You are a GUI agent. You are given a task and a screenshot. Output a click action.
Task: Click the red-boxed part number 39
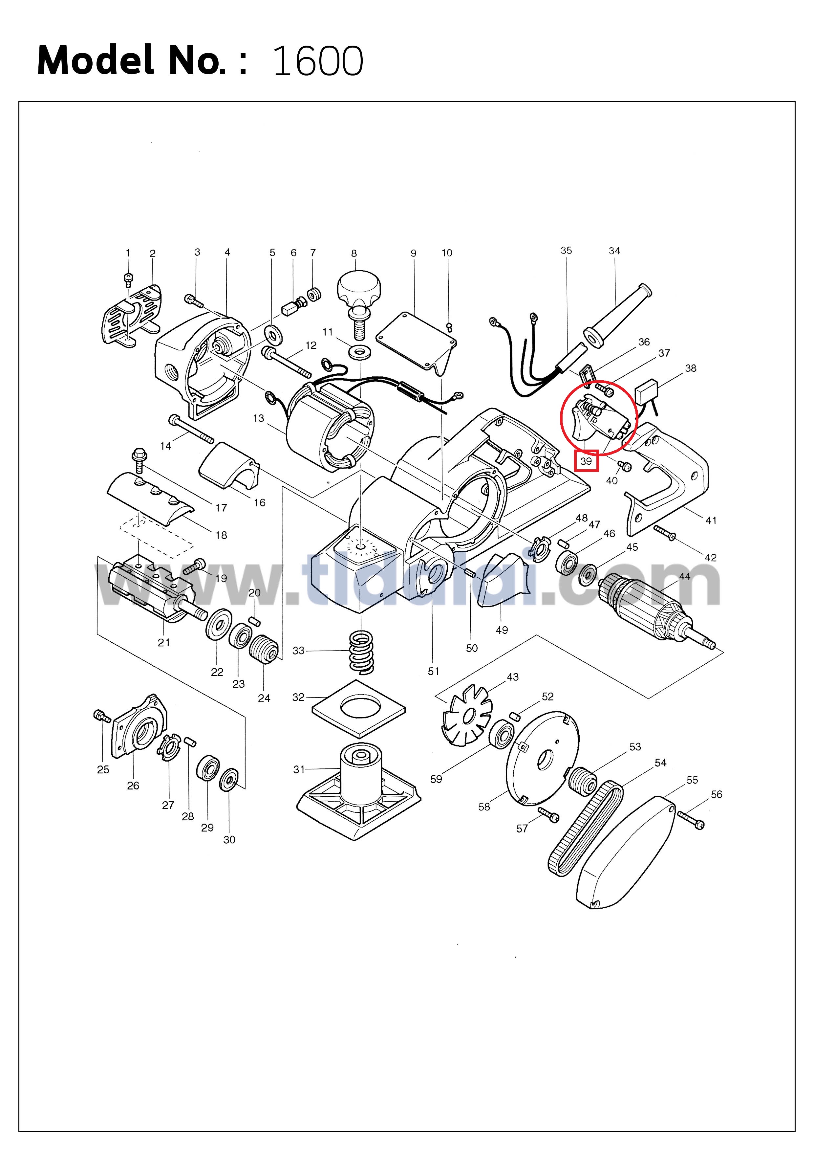tap(586, 461)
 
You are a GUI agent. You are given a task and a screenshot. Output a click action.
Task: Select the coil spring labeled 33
tap(361, 652)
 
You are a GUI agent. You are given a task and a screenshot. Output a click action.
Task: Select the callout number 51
tap(433, 671)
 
